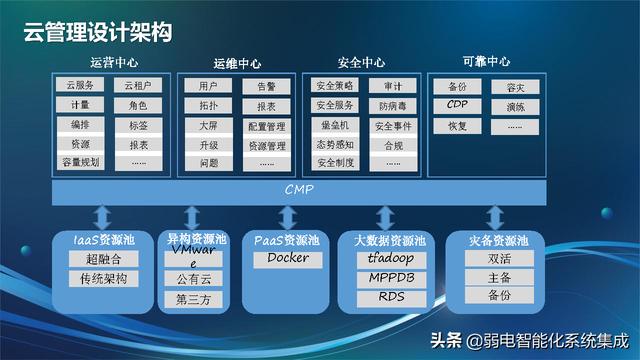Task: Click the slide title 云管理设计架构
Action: tap(99, 32)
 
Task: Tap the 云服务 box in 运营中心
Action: tap(80, 87)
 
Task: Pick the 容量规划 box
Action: tap(80, 162)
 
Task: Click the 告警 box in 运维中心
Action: tap(266, 87)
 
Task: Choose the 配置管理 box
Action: tap(266, 127)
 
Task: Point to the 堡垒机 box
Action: tap(335, 125)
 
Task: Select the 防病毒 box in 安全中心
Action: tap(392, 106)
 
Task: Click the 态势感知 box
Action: tap(335, 144)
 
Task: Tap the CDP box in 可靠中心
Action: tap(457, 105)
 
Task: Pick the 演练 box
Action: tap(515, 106)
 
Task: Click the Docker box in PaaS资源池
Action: tap(288, 258)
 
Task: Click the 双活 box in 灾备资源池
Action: tap(500, 258)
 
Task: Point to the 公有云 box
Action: tap(194, 279)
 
